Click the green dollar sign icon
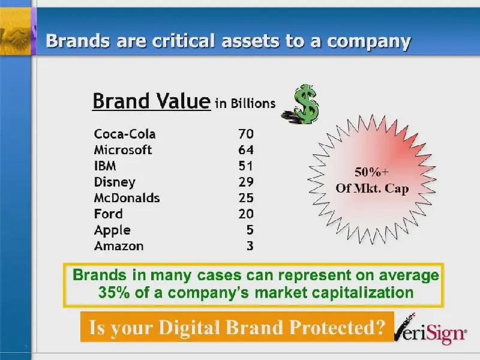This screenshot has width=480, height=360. [302, 104]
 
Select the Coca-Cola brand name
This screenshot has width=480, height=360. [125, 134]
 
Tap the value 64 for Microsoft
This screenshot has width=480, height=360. [246, 150]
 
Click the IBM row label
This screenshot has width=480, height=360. [105, 166]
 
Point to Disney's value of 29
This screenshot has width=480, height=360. [246, 182]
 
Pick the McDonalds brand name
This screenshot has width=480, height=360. [127, 198]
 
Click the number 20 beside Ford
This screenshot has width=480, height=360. [246, 214]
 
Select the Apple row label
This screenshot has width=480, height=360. [112, 230]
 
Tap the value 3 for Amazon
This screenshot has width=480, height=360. [250, 246]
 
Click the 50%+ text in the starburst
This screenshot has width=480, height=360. [371, 172]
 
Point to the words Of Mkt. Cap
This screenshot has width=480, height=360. [372, 188]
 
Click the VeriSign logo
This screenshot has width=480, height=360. [430, 331]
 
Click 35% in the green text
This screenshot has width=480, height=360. [114, 293]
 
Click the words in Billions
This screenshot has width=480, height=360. [245, 103]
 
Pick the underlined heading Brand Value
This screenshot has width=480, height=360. [152, 101]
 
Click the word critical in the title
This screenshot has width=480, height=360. [184, 41]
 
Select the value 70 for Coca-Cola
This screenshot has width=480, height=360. [246, 134]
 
